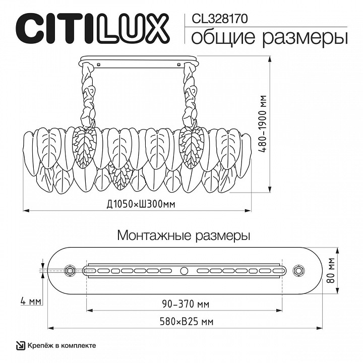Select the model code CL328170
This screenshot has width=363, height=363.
[x=220, y=19]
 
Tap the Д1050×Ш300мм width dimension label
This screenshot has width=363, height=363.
[x=137, y=203]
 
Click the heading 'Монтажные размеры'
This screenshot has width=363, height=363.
[x=184, y=235]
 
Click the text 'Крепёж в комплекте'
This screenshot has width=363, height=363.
[x=62, y=345]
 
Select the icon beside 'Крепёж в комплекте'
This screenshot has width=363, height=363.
[x=21, y=345]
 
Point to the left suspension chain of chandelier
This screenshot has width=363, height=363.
[x=89, y=96]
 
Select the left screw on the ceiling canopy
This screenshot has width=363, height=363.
[x=99, y=64]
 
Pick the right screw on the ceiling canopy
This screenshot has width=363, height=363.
[x=180, y=64]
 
